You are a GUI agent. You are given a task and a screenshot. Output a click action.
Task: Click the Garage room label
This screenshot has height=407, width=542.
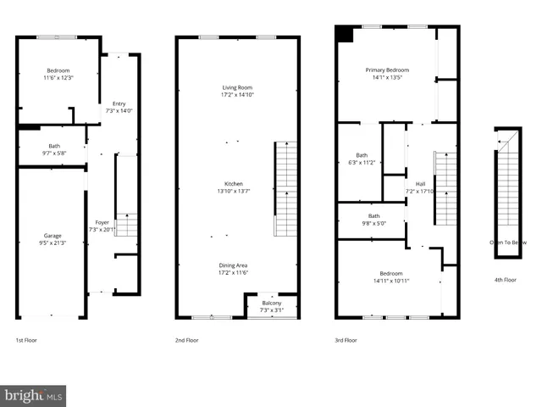click(x=53, y=239)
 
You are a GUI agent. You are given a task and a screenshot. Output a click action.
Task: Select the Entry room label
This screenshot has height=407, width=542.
click(x=119, y=107)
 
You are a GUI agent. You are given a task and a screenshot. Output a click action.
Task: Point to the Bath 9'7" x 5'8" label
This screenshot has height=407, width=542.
click(x=54, y=149)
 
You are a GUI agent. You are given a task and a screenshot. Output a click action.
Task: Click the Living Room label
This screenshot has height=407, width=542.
click(x=237, y=91)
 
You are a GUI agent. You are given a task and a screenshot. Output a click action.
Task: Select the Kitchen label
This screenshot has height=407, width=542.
click(x=234, y=187)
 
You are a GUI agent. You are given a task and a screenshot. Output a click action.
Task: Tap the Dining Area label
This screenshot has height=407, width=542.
click(x=234, y=269)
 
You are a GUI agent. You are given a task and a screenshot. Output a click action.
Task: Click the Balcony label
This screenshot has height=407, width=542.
click(x=271, y=306)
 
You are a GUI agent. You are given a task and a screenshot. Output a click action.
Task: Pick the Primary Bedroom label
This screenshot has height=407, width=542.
click(x=387, y=73)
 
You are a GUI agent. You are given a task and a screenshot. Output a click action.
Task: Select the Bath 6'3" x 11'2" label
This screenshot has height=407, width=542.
click(x=362, y=159)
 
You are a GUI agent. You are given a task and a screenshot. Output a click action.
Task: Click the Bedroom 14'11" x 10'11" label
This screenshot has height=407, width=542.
click(x=390, y=276)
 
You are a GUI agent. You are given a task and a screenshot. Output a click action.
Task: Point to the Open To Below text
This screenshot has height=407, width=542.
click(x=508, y=243)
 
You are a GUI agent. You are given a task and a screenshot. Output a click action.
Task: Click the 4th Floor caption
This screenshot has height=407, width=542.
click(x=505, y=280)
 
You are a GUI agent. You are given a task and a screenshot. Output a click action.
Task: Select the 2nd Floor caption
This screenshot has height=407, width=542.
click(x=186, y=340)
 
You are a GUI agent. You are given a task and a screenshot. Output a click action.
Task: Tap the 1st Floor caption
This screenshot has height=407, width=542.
click(x=26, y=340)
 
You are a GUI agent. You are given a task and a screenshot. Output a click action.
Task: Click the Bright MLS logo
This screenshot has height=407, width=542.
click(x=33, y=395)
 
